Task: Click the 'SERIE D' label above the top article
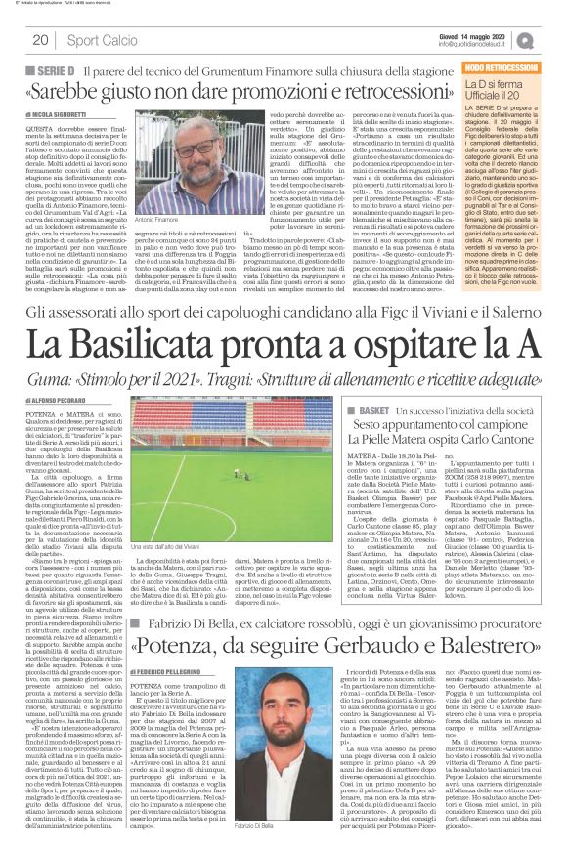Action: [x=58, y=73]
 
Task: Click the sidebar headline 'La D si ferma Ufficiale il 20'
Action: [x=501, y=92]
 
